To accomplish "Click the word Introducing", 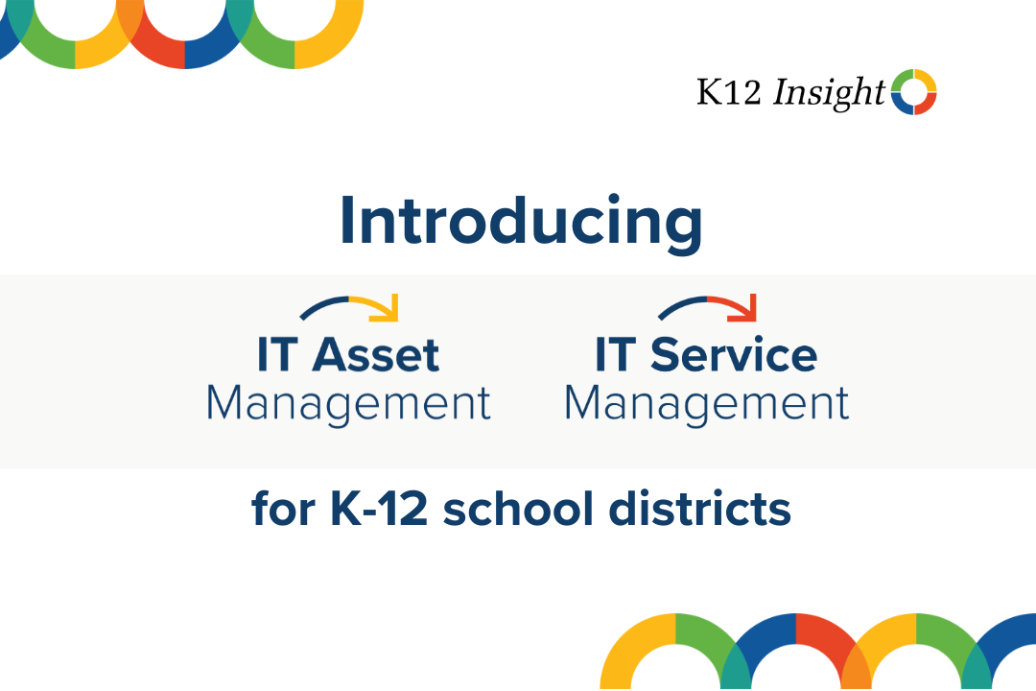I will click(x=521, y=222).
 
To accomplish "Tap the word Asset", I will click(x=376, y=356).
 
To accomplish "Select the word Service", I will click(x=734, y=356).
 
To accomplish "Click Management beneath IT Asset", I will click(x=348, y=404).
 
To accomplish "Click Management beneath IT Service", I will click(x=706, y=404).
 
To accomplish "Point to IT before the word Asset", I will click(x=278, y=356).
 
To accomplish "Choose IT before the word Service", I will click(x=616, y=356).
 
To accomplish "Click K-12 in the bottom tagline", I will click(x=376, y=509).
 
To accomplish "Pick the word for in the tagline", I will click(x=285, y=510).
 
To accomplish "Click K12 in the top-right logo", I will click(x=729, y=92).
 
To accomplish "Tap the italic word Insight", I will click(x=829, y=92).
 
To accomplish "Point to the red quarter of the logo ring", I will click(x=926, y=104).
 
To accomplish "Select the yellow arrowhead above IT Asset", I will click(x=388, y=309).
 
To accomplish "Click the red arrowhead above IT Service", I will click(x=746, y=308).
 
